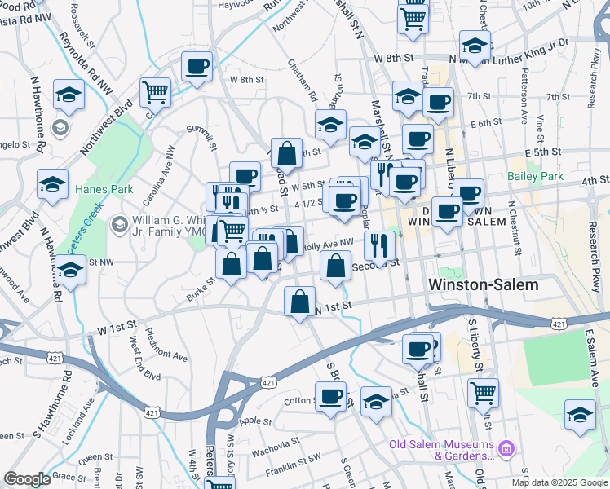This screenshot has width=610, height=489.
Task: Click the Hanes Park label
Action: coord(99,189)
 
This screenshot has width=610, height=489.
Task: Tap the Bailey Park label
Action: coord(535,176)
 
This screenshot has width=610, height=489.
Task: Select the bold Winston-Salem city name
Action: coord(484,285)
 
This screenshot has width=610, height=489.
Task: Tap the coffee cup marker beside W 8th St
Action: coord(196,65)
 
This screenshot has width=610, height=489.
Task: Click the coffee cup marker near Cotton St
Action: coord(330,396)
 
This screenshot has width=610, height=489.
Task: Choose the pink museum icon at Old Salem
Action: coord(506,447)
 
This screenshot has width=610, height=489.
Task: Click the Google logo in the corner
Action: coord(27,479)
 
